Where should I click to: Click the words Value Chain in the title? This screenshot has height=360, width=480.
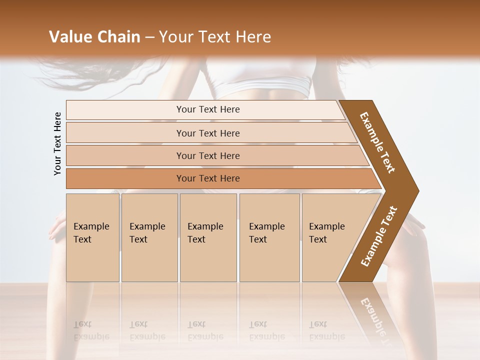tap(94, 37)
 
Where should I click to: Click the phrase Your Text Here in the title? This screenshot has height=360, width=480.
tap(215, 37)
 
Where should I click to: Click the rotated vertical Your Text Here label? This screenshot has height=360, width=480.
tap(57, 143)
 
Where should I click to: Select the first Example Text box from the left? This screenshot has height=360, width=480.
tap(92, 237)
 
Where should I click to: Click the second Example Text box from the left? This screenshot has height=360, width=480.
tap(149, 237)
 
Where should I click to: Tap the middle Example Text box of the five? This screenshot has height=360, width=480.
tap(208, 237)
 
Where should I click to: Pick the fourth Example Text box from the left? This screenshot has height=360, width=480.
tap(269, 237)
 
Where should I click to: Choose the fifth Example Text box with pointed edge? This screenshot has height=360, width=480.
tap(330, 237)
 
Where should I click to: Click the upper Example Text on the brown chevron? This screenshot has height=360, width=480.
tap(377, 142)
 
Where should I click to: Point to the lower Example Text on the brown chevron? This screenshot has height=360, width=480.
tap(379, 236)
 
